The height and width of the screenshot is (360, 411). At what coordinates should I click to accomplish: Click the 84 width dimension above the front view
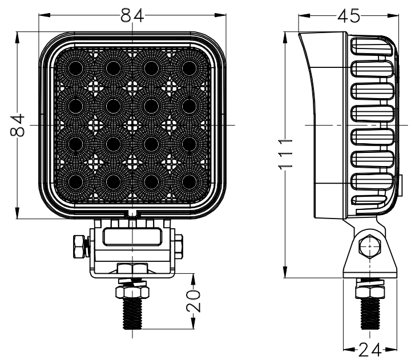(132, 16)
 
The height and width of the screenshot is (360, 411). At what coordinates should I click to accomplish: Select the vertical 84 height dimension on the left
(18, 125)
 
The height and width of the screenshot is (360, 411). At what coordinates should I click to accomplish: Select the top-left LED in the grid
(75, 68)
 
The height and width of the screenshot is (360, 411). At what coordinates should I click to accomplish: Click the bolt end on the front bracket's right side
(179, 246)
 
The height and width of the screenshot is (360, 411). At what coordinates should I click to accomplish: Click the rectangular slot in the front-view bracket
(132, 236)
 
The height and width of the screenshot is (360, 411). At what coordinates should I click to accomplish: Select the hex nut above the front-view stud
(132, 292)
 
